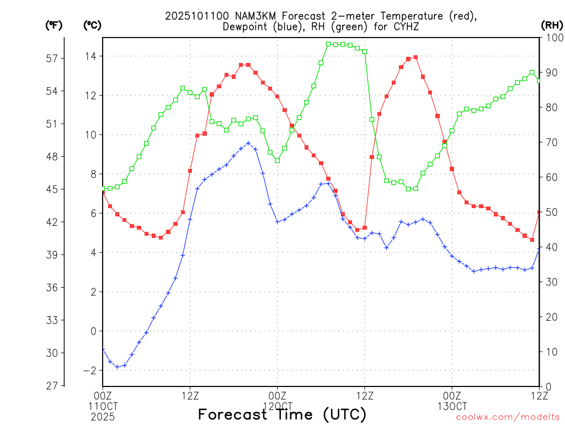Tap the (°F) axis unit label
tap(54, 25)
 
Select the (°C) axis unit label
tap(92, 25)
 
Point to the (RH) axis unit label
tap(551, 25)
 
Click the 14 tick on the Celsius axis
tap(90, 56)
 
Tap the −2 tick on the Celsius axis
tap(89, 370)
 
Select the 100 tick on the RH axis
tap(553, 38)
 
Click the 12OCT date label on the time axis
tap(278, 405)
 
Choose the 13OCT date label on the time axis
tap(452, 405)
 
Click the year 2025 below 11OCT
tap(103, 415)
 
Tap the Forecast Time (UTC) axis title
tap(282, 414)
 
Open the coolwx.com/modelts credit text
tap(508, 417)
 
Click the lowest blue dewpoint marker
tap(117, 367)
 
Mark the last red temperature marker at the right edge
tap(539, 213)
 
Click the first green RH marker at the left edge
tap(103, 188)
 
